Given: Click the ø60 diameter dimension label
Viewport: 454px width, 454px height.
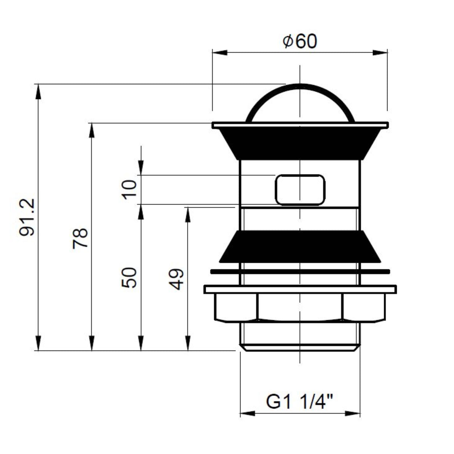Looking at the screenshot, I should [300, 41].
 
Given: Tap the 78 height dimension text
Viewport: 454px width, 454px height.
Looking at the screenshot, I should [80, 238].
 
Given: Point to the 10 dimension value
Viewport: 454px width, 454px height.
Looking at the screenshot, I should [130, 190].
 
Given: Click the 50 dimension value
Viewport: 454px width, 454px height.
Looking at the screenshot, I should [130, 277].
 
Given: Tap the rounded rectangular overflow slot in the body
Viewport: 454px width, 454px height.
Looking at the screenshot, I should [300, 190].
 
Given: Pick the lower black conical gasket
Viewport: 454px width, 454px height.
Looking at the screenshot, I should [300, 247].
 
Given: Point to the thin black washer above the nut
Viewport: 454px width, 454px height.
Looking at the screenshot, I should [300, 272].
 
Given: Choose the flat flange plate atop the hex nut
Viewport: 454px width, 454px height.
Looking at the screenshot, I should [300, 289].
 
